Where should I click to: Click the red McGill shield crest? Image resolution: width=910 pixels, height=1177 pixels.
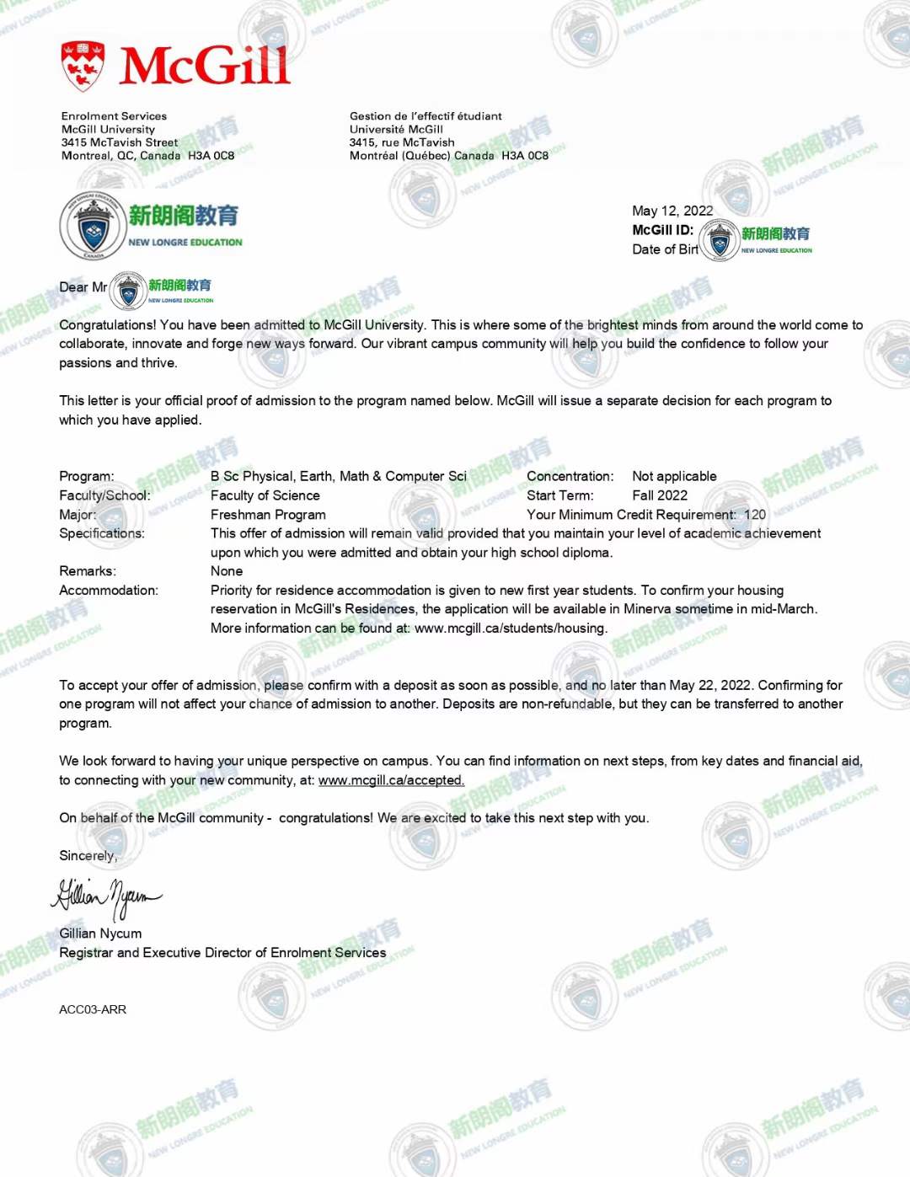(x=83, y=66)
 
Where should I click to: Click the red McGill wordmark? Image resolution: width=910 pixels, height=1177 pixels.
(x=205, y=66)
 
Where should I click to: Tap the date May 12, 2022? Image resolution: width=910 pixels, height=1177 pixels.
(x=672, y=211)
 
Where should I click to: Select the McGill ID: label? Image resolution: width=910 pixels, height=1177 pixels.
(x=662, y=230)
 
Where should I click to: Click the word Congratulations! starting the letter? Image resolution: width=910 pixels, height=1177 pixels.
(x=107, y=325)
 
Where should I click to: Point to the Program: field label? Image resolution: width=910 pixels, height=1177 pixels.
(x=86, y=477)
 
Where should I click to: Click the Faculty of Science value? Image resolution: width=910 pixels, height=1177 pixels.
(x=265, y=495)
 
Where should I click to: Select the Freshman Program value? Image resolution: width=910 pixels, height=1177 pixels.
(x=268, y=515)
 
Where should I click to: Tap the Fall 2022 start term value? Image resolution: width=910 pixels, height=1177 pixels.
(x=660, y=495)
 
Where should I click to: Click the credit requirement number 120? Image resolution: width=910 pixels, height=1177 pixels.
(x=755, y=515)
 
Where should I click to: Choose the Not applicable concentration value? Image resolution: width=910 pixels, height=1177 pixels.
(x=674, y=477)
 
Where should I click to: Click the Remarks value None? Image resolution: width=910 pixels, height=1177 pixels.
(x=227, y=571)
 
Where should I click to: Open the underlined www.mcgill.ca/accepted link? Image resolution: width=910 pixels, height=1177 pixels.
(x=391, y=780)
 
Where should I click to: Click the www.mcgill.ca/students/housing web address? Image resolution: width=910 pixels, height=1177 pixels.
(x=510, y=629)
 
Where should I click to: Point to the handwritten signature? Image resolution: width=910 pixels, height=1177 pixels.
(x=106, y=898)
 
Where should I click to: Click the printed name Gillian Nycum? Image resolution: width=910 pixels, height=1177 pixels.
(x=100, y=934)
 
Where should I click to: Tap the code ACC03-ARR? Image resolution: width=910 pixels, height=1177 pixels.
(x=93, y=1009)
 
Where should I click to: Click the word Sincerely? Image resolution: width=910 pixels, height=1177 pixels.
(x=88, y=856)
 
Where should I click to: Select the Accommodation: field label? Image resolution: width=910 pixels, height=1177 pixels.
(x=109, y=591)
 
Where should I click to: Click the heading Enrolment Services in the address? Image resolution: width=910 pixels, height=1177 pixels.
(x=114, y=116)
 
